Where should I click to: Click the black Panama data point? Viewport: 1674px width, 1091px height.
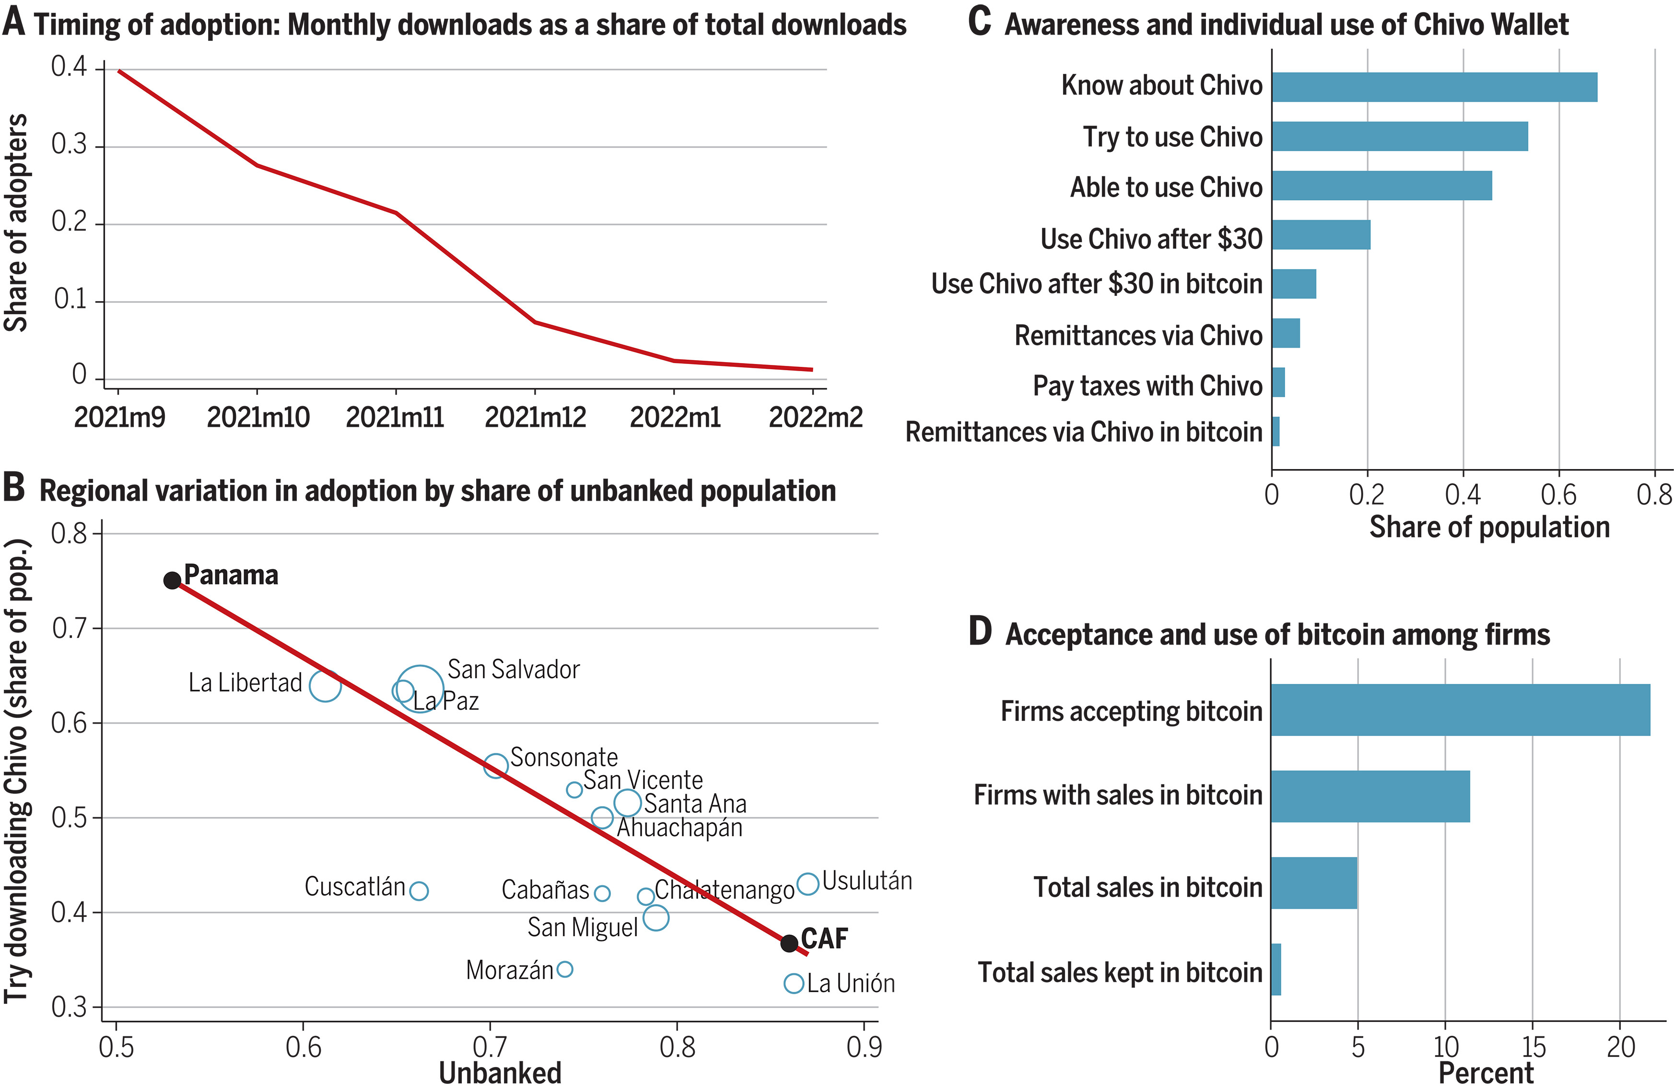point(172,580)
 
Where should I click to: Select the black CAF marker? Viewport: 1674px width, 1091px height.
point(789,943)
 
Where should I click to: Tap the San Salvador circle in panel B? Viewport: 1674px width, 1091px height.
point(420,689)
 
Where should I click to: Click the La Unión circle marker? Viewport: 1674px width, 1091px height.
point(794,984)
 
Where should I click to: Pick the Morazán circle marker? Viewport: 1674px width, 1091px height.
point(565,969)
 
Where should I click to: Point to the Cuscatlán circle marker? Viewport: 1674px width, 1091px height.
point(419,891)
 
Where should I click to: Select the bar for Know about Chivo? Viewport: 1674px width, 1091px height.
point(1434,87)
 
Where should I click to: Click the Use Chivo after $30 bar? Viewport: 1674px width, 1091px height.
point(1321,235)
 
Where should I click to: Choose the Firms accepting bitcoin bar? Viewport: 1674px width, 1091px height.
point(1460,710)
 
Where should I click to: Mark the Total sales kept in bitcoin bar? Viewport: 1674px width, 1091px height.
point(1276,969)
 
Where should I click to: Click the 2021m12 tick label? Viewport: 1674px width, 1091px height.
point(535,418)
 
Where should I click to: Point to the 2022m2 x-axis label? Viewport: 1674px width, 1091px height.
point(815,418)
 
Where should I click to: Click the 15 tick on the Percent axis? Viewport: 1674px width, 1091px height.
point(1534,1047)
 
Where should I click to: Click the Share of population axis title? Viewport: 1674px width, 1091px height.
point(1489,527)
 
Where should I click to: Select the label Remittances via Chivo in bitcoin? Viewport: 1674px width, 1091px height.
point(1083,432)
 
